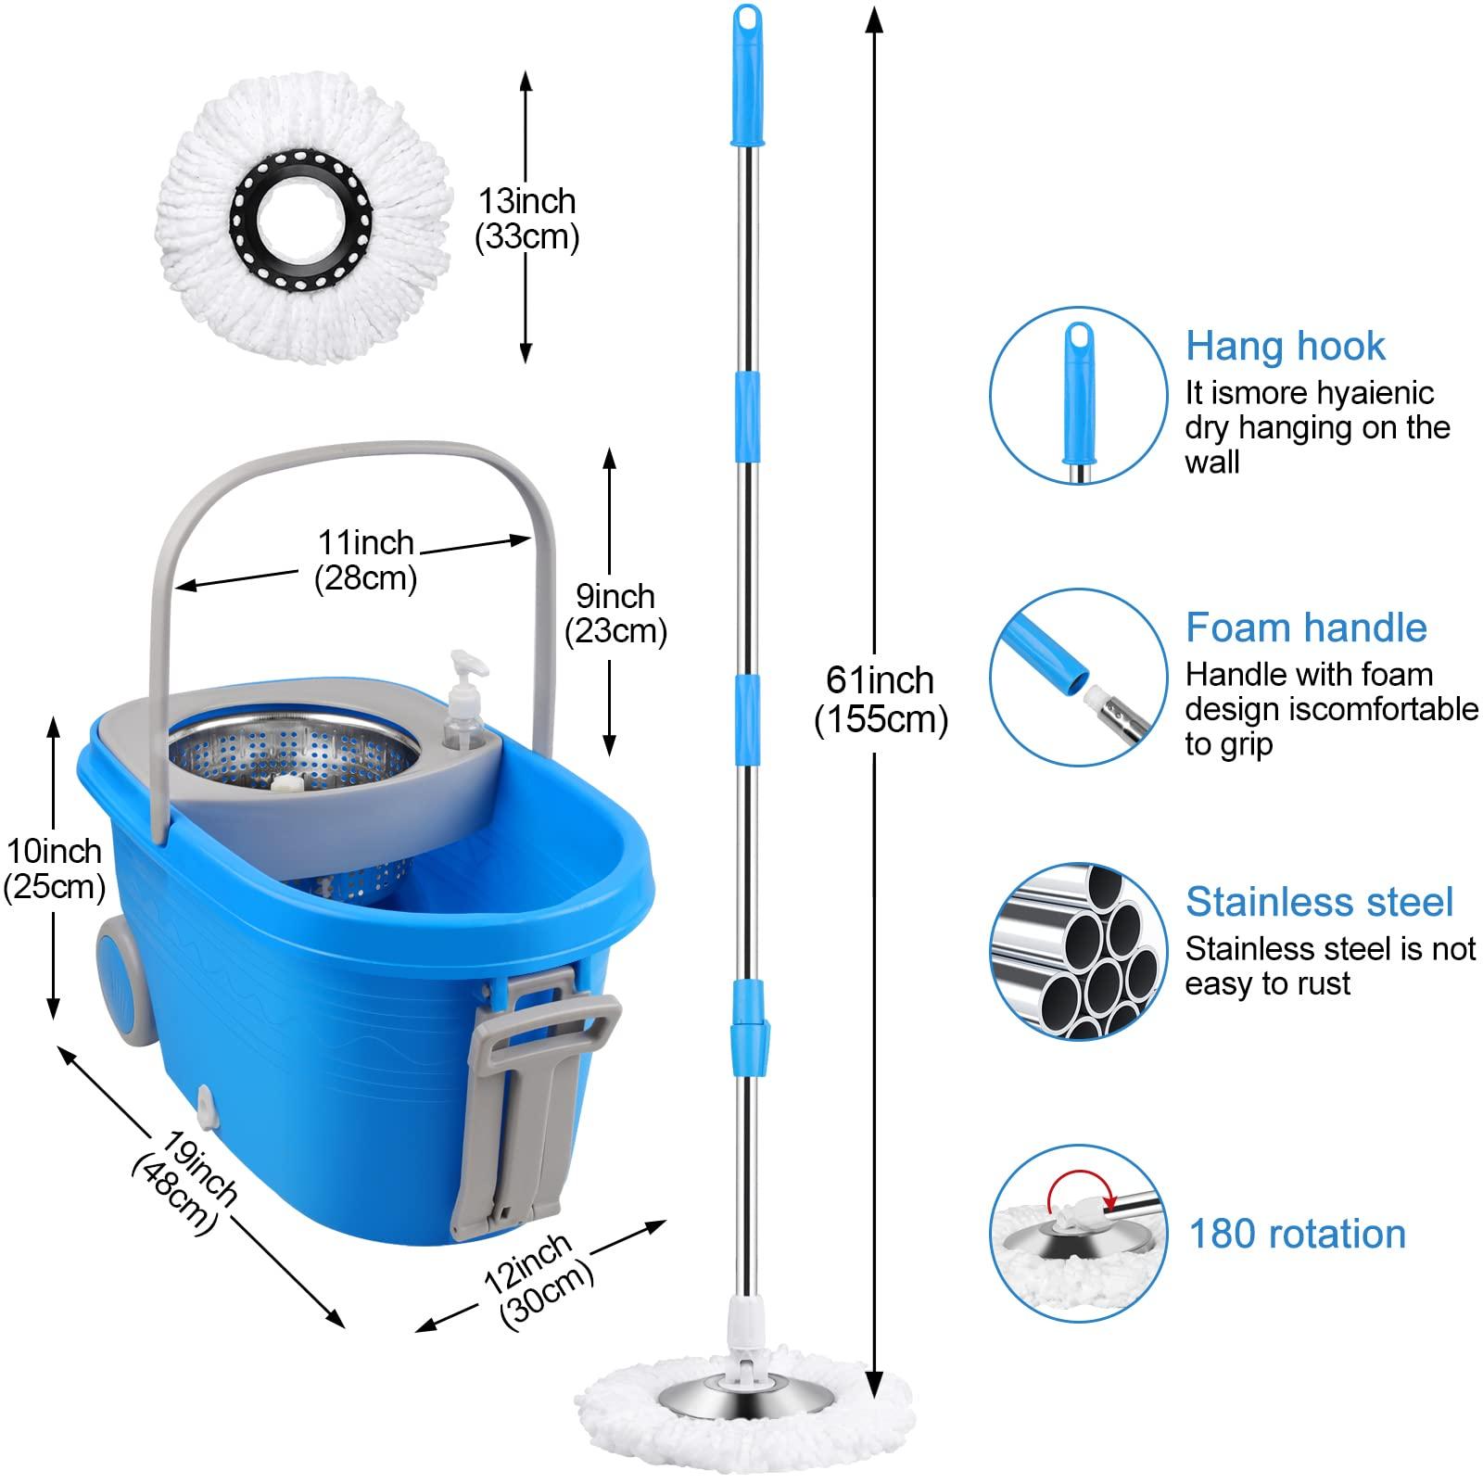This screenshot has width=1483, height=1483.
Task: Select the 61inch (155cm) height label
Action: (x=881, y=700)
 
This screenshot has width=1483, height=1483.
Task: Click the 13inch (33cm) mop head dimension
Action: (x=526, y=219)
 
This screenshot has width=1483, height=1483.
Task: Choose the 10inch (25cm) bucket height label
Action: (x=54, y=868)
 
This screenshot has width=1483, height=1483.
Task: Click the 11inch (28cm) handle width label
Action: (x=366, y=560)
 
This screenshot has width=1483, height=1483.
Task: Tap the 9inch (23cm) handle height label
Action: (x=615, y=614)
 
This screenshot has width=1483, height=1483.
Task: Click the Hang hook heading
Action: (x=1285, y=346)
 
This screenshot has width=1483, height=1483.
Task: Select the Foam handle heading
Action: (x=1305, y=627)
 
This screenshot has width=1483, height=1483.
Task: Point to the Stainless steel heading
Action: (x=1319, y=902)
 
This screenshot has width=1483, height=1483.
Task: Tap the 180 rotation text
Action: (x=1297, y=1234)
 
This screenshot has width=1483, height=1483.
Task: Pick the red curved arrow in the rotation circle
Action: (x=1076, y=1189)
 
